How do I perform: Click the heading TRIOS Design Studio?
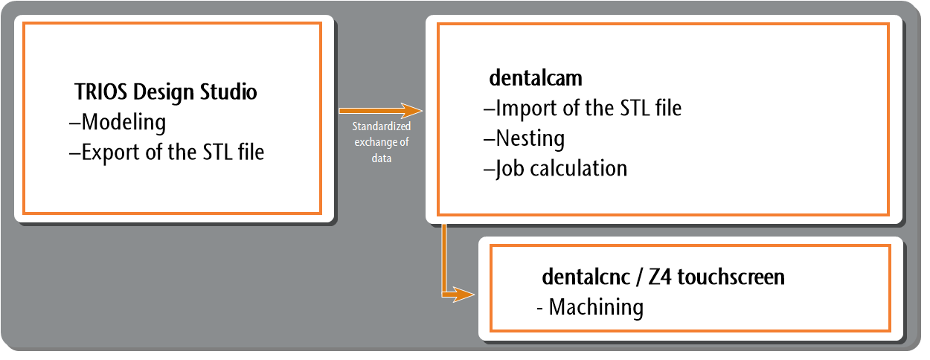click(x=166, y=91)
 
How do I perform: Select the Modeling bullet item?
click(x=118, y=122)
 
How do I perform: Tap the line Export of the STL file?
click(x=167, y=152)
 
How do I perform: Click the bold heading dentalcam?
click(x=536, y=78)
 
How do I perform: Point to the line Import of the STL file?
click(x=583, y=109)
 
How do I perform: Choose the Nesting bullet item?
click(x=524, y=138)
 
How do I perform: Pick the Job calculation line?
click(x=555, y=169)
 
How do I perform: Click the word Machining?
click(x=596, y=307)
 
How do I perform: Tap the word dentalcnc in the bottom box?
click(x=586, y=277)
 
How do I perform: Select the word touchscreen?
click(x=731, y=277)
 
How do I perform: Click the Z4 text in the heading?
click(x=660, y=277)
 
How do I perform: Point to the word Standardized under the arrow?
click(x=382, y=126)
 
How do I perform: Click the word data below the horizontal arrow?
click(x=382, y=158)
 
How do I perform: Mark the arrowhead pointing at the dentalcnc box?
click(x=464, y=295)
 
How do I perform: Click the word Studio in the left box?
click(x=228, y=91)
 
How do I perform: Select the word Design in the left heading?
click(x=164, y=92)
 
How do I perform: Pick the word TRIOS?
click(x=101, y=91)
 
